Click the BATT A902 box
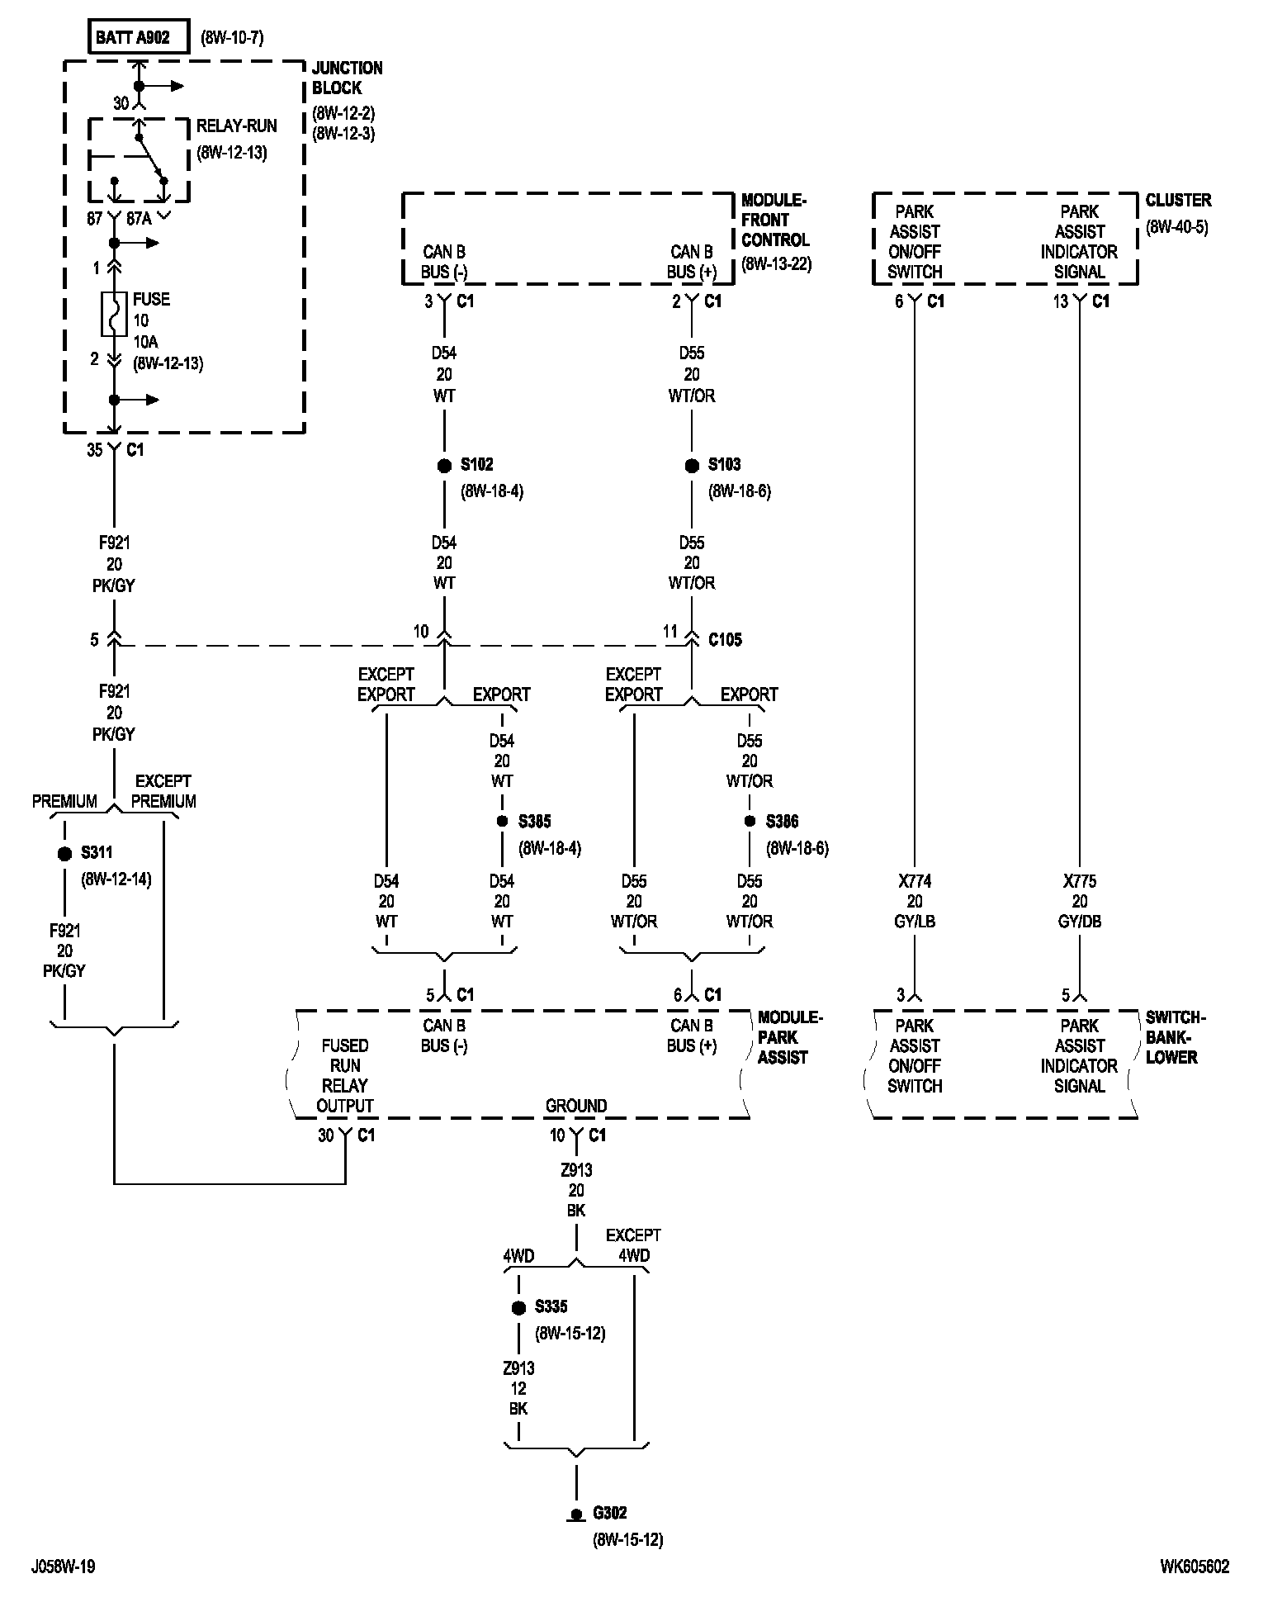point(139,37)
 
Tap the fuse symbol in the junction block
point(114,314)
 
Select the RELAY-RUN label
point(236,126)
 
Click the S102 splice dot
point(444,466)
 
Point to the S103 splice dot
point(692,466)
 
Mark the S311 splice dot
point(64,854)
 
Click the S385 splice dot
point(502,822)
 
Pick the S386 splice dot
point(750,822)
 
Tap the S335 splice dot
point(518,1308)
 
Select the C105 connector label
point(725,640)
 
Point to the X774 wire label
point(915,881)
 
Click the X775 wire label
point(1080,881)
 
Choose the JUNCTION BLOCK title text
point(347,78)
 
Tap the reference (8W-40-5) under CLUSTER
point(1176,227)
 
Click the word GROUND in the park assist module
point(576,1106)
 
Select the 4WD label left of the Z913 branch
point(518,1256)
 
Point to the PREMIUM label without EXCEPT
point(64,801)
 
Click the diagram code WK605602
point(1194,1567)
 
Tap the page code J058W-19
point(63,1567)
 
